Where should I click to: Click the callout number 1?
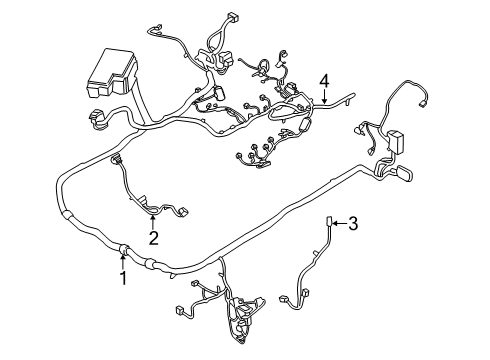(123, 279)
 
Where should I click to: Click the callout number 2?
(153, 238)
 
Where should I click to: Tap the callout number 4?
(324, 79)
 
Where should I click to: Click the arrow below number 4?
(324, 96)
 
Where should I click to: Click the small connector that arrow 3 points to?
(331, 222)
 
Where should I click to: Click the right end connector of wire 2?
(186, 212)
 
